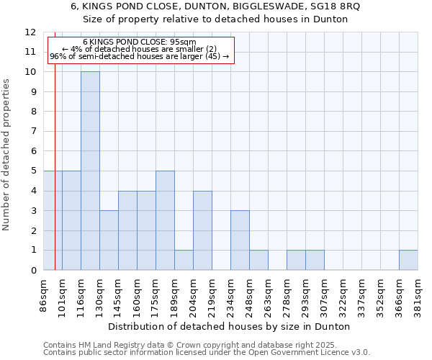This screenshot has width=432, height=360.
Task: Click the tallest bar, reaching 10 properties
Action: point(90,171)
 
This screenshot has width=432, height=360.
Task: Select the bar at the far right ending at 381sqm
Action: point(408,260)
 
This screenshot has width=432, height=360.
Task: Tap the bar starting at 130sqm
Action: point(109,240)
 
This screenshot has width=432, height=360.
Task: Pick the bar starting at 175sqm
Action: point(165,220)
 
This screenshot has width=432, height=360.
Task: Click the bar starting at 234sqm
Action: point(240,240)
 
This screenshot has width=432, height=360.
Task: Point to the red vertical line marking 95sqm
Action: point(55,180)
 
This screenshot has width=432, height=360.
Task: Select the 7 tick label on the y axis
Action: point(32,131)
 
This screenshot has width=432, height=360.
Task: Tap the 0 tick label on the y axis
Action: point(32,270)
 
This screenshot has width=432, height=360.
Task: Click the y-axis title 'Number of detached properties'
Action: point(6,155)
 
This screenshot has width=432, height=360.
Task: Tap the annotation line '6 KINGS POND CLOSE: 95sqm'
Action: point(140,42)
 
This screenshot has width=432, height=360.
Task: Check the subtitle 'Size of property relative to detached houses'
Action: point(216,19)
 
